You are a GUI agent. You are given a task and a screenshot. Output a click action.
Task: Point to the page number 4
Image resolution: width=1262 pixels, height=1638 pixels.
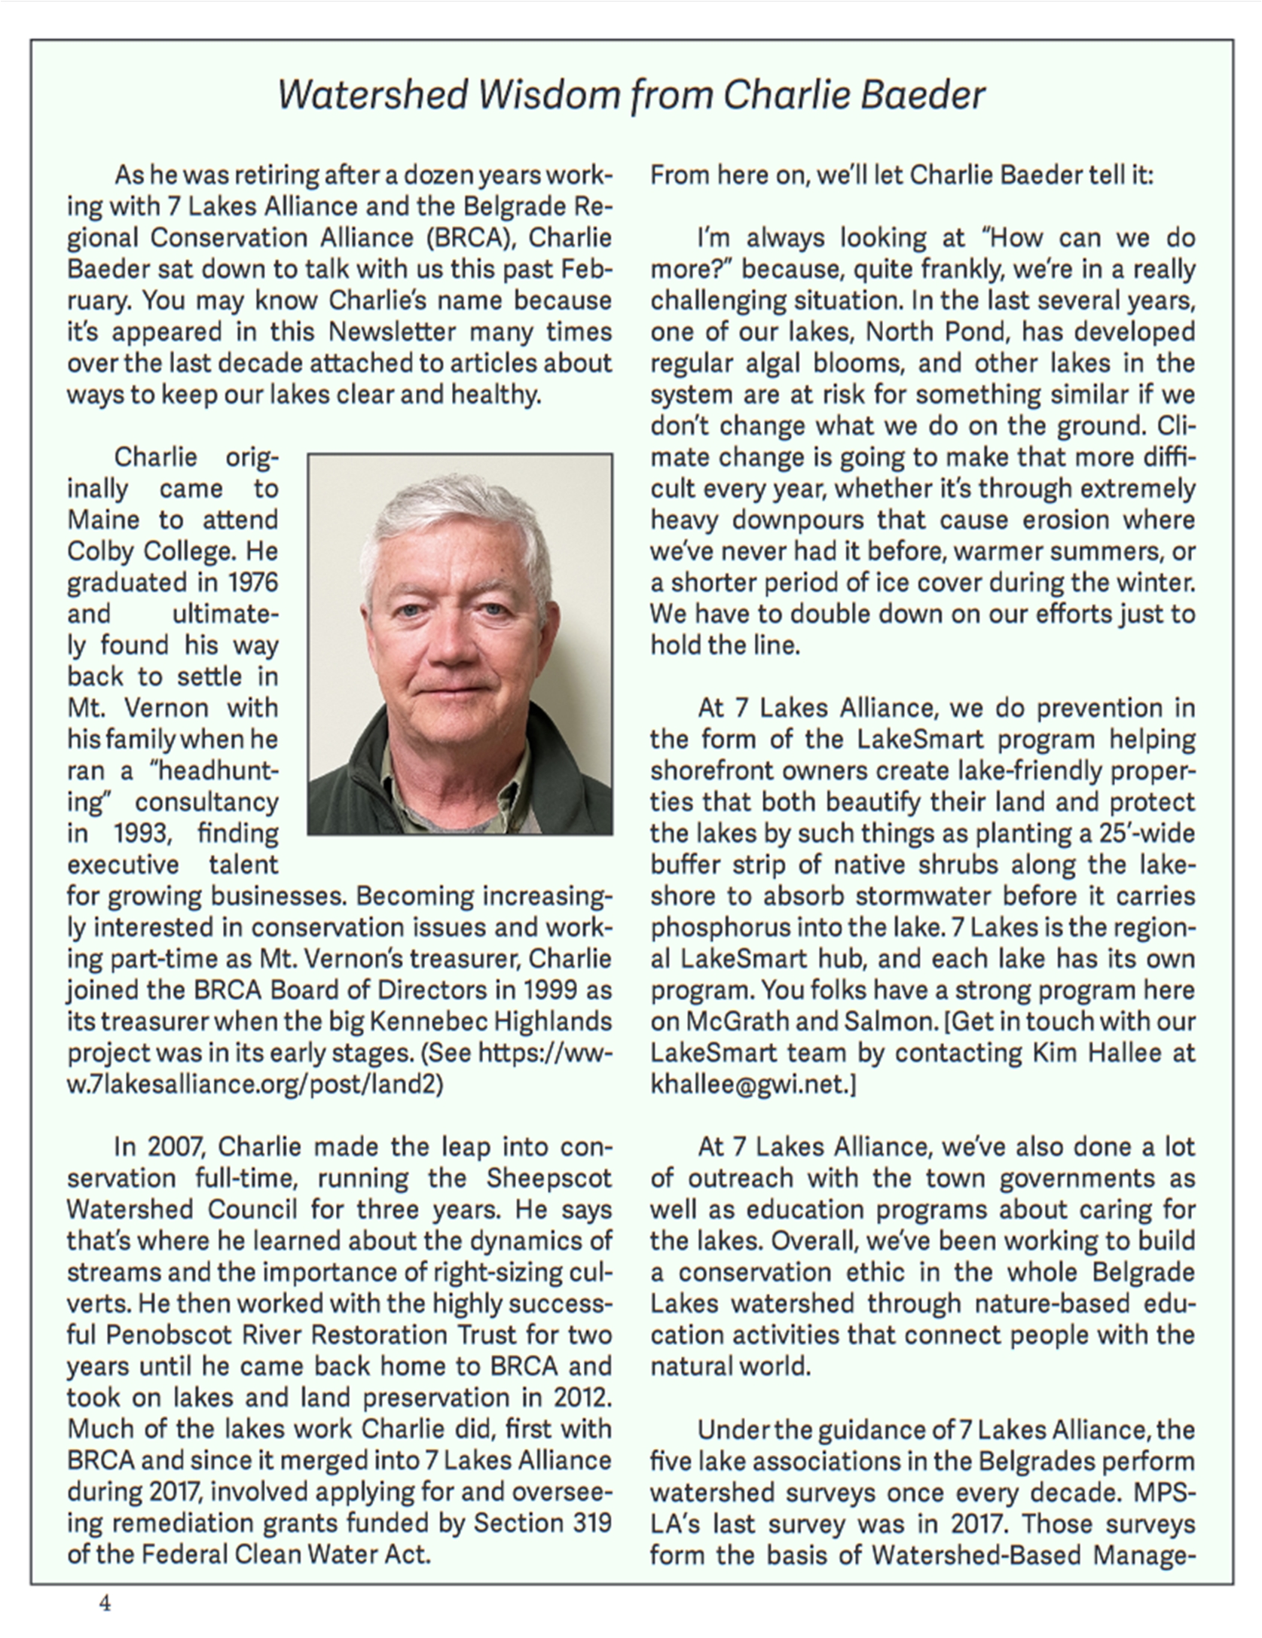click(x=105, y=1603)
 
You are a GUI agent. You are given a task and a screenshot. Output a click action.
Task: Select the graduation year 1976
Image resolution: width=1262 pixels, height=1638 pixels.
click(x=253, y=583)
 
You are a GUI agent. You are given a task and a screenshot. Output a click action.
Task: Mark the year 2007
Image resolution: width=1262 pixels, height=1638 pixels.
click(x=176, y=1147)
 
